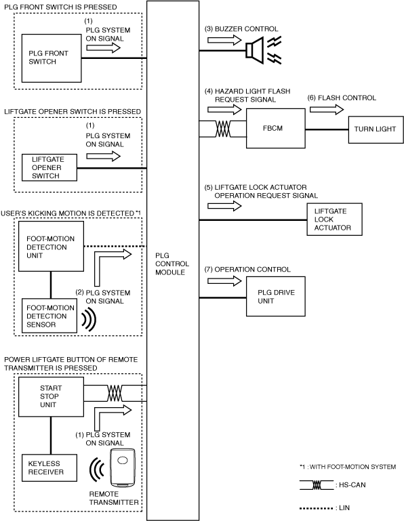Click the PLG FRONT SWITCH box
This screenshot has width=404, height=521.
pos(52,58)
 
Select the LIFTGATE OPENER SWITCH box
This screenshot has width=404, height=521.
pos(49,167)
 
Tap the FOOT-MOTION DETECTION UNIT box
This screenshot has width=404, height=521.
pos(51,246)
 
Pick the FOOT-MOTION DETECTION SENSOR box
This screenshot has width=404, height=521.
pos(49,316)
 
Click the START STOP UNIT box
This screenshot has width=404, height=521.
pos(51,397)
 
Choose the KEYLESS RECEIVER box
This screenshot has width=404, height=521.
pos(49,468)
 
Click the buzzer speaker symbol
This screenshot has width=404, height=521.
pos(255,51)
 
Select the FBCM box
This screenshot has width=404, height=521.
pos(276,128)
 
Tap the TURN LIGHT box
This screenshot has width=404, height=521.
pos(376,129)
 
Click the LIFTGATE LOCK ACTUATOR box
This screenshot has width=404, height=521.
pos(334,220)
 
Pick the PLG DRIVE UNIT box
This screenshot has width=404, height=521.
pos(276,296)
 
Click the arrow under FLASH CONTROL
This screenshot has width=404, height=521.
pos(327,109)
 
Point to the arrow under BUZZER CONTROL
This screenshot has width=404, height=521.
pos(224,40)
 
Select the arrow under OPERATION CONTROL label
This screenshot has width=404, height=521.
pos(224,281)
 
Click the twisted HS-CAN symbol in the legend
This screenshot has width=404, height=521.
pos(317,485)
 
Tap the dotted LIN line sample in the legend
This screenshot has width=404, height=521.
pos(316,508)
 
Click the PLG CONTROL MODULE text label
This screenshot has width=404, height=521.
pos(172,264)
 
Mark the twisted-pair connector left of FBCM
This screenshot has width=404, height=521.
pos(223,129)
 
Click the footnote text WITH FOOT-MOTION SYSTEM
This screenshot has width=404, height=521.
pos(352,467)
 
